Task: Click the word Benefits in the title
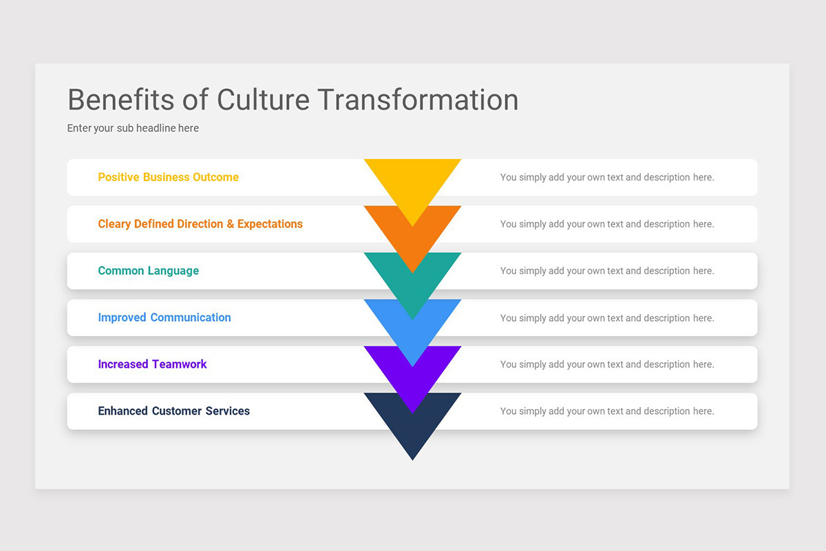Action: pyautogui.click(x=120, y=100)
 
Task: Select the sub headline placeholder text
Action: pyautogui.click(x=133, y=128)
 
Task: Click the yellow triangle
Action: pyautogui.click(x=412, y=180)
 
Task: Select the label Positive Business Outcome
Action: pyautogui.click(x=168, y=177)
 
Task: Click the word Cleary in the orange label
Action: pyautogui.click(x=114, y=224)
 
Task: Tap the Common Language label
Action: pyautogui.click(x=148, y=271)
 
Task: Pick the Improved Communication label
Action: pyautogui.click(x=164, y=318)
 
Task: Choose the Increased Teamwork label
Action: pyautogui.click(x=152, y=364)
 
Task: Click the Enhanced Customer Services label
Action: pyautogui.click(x=173, y=411)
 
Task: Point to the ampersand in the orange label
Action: pyautogui.click(x=231, y=224)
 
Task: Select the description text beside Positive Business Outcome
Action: pyautogui.click(x=606, y=177)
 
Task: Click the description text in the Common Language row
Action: pyautogui.click(x=606, y=271)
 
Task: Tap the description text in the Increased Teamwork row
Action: pyautogui.click(x=606, y=364)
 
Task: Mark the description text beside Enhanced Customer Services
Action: pyautogui.click(x=606, y=411)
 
